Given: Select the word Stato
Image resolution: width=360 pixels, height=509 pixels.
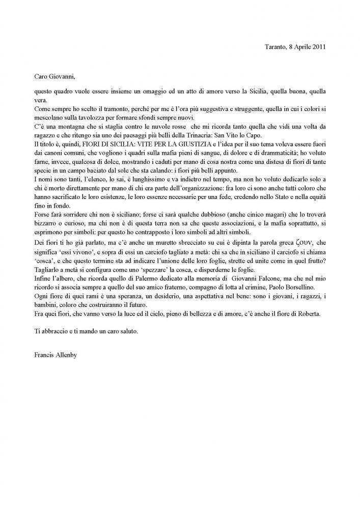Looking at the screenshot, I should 274,206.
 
